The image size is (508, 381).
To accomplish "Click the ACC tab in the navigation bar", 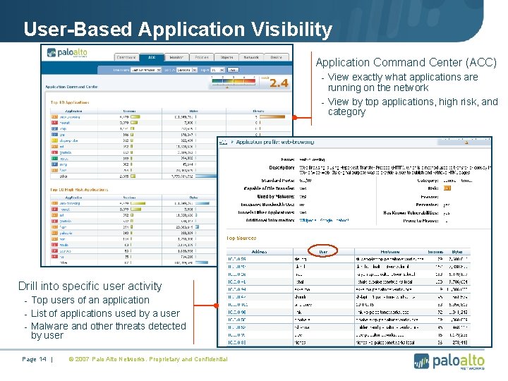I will pyautogui.click(x=150, y=58).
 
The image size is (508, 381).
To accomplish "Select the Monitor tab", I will pyautogui.click(x=176, y=58).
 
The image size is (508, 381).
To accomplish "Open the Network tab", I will pyautogui.click(x=250, y=58).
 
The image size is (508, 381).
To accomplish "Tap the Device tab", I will pyautogui.click(x=276, y=58).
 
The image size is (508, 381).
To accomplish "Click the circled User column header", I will pyautogui.click(x=323, y=250).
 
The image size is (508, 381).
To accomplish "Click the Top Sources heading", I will pyautogui.click(x=241, y=238).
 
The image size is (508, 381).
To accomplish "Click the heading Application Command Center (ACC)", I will pyautogui.click(x=406, y=63).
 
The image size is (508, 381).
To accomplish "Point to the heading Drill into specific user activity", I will pyautogui.click(x=90, y=286).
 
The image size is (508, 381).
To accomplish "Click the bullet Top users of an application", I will pyautogui.click(x=90, y=300).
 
